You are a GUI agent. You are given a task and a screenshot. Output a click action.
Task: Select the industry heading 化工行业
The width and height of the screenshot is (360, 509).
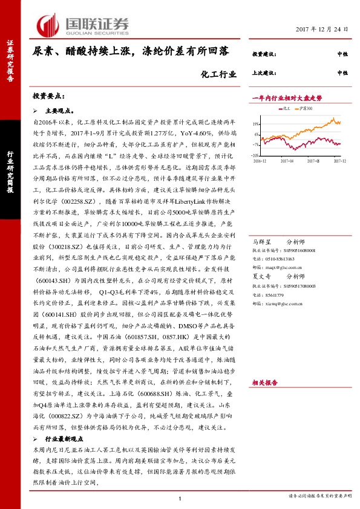(x=215, y=75)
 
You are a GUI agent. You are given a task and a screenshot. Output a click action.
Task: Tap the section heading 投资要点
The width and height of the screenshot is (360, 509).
(x=47, y=96)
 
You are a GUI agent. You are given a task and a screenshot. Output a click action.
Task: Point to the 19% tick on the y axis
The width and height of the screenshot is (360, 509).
(x=256, y=124)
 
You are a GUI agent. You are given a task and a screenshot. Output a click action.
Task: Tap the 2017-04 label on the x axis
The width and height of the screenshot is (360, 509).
(x=287, y=161)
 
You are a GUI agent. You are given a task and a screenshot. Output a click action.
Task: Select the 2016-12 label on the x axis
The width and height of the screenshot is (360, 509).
(x=261, y=161)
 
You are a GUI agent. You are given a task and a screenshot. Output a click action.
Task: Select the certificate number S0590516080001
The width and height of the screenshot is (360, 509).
(x=298, y=233)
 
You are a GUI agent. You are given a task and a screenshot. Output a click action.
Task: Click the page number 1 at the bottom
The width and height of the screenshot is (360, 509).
(x=180, y=498)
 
